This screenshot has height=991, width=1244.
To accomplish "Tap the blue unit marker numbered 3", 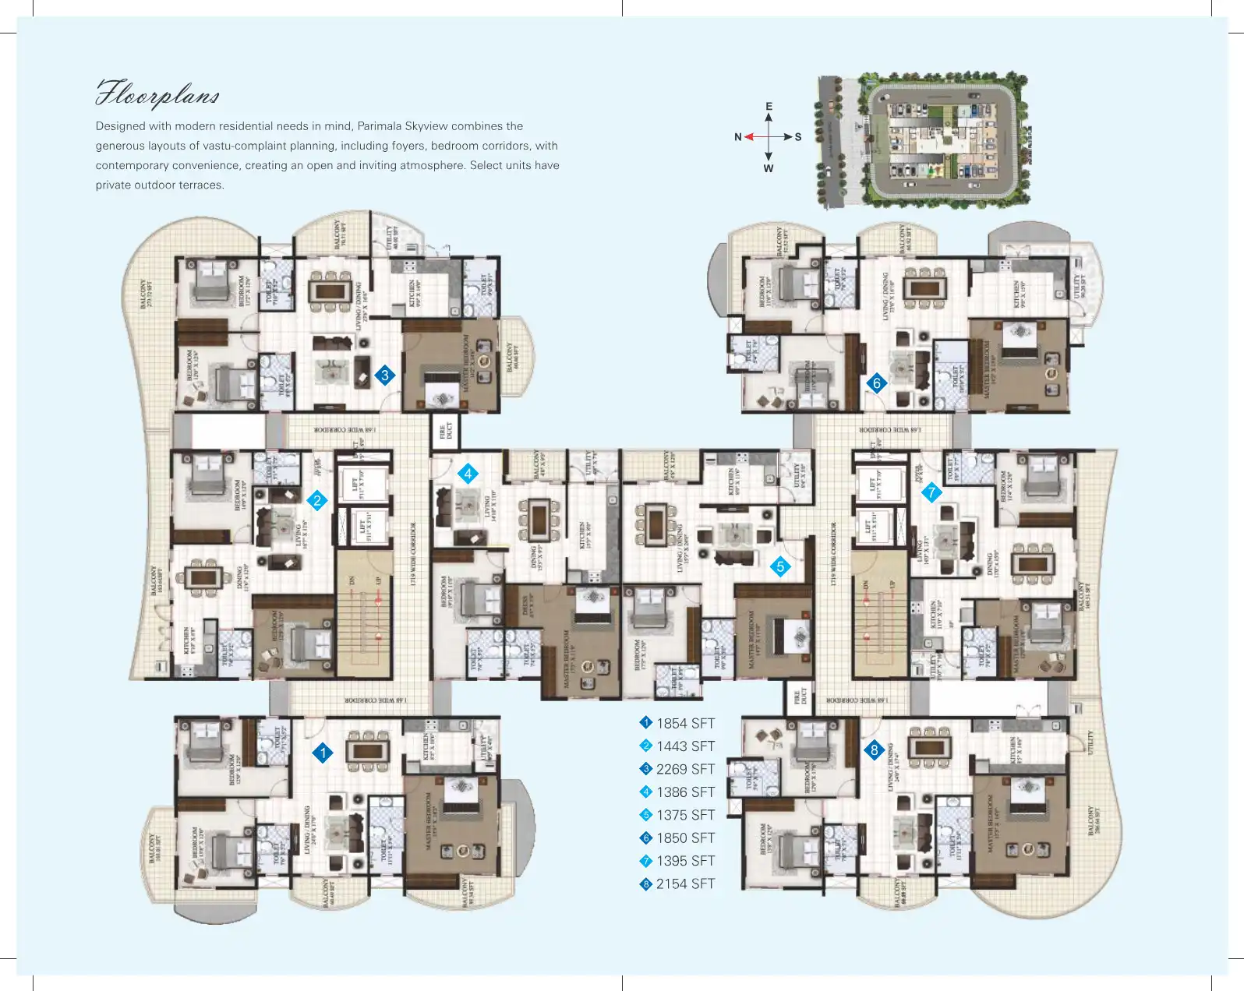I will pyautogui.click(x=385, y=376).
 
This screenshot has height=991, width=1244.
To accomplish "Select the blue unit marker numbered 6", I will pyautogui.click(x=877, y=383).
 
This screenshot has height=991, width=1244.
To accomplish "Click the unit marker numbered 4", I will pyautogui.click(x=468, y=474).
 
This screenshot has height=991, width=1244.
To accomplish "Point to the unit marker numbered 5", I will pyautogui.click(x=780, y=567).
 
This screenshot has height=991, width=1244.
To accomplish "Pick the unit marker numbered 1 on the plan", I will pyautogui.click(x=323, y=753).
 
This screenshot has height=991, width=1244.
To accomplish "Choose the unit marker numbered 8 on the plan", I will pyautogui.click(x=874, y=750).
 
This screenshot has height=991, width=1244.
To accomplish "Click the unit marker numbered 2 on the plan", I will pyautogui.click(x=316, y=501).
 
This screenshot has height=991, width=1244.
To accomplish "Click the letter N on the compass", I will pyautogui.click(x=737, y=137).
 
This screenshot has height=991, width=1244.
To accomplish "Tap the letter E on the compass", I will pyautogui.click(x=769, y=107).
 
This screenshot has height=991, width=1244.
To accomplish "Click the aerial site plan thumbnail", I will pyautogui.click(x=924, y=140).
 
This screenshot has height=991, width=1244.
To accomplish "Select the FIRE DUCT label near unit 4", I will pyautogui.click(x=446, y=431).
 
